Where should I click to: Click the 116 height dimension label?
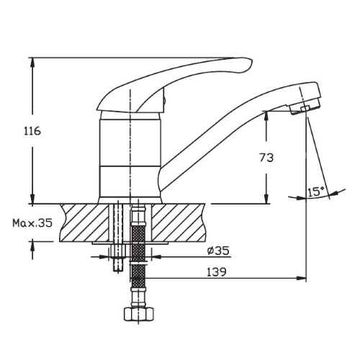[x=32, y=131]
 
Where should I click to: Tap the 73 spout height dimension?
[x=266, y=158]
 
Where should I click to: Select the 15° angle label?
[x=316, y=192]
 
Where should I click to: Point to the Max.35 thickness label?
[x=32, y=223]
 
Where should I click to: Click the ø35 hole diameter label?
[x=218, y=251]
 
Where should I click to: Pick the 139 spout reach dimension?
[x=217, y=272]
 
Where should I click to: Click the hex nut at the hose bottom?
[x=138, y=314]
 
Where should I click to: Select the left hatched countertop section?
[x=84, y=222]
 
